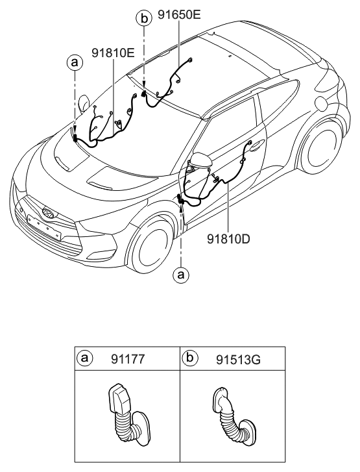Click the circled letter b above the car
click(x=143, y=18)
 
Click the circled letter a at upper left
click(x=75, y=62)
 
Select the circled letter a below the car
click(x=182, y=275)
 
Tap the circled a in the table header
click(x=84, y=358)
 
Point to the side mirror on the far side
click(x=84, y=103)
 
